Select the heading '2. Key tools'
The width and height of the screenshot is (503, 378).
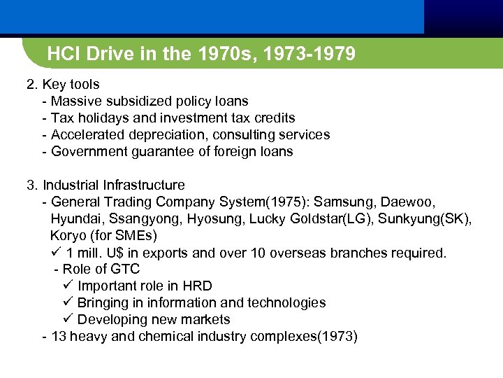tap(63, 85)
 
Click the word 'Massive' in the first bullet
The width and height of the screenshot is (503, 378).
tap(75, 101)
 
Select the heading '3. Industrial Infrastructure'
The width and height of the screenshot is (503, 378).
tap(105, 185)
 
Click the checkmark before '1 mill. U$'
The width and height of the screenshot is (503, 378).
tap(57, 252)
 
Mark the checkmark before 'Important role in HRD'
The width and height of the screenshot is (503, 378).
tap(68, 286)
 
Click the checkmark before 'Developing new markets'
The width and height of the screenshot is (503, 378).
tap(68, 319)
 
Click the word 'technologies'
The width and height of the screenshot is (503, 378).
tap(288, 303)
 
